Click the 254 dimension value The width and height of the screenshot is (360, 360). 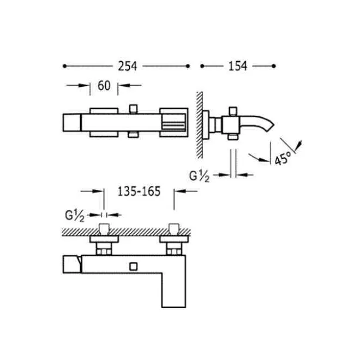coord(128,66)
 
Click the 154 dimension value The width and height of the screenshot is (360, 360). coord(238,66)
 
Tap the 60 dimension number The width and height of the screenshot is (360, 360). coord(104,86)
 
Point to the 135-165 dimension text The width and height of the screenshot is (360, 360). coord(139,191)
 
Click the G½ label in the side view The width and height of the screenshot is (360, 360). coord(199,176)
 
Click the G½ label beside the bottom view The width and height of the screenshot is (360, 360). coord(75,216)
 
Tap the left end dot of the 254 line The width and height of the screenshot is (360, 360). coord(64,66)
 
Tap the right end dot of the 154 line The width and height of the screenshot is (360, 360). coord(273,66)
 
